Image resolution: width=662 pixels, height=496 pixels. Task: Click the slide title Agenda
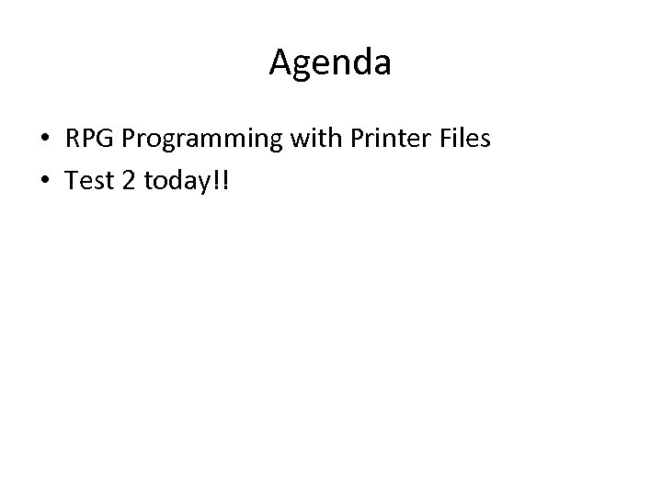330,63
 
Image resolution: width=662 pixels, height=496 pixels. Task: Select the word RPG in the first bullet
86,141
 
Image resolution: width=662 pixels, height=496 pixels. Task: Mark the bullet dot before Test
44,183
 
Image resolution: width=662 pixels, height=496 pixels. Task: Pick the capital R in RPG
72,141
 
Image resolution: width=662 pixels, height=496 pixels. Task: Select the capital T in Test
71,182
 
